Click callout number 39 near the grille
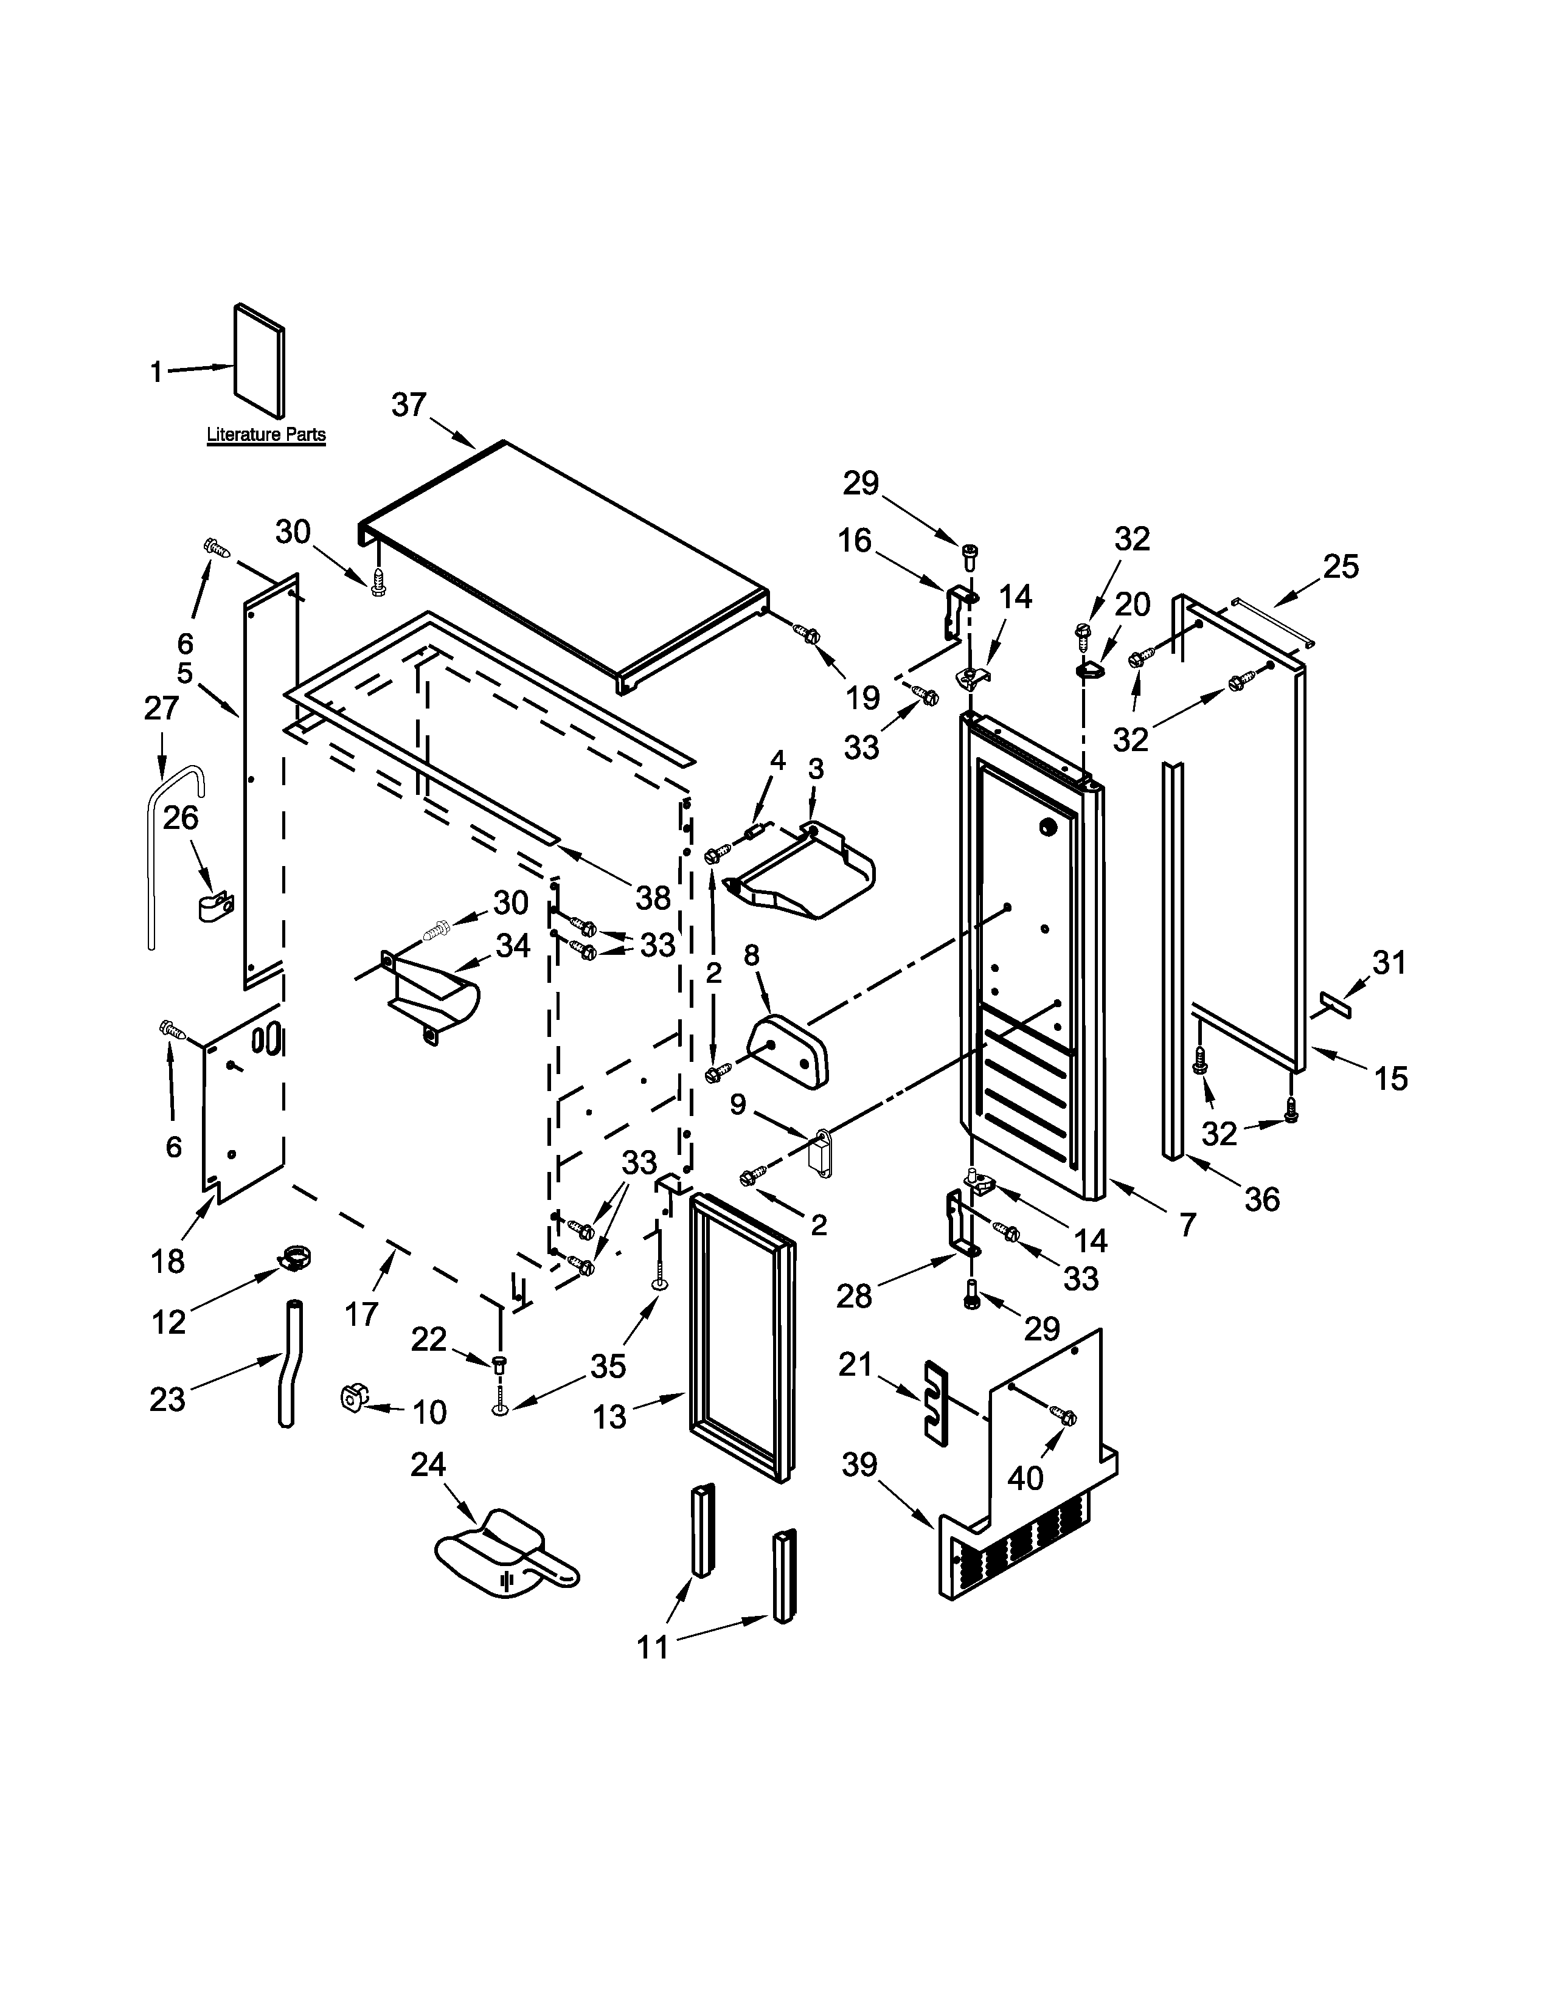(x=860, y=1465)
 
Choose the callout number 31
(x=1389, y=963)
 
